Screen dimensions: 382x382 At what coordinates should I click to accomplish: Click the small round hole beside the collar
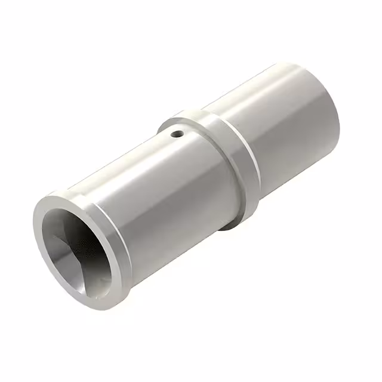coord(177,134)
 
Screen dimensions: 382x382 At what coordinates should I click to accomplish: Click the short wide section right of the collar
coord(286,131)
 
